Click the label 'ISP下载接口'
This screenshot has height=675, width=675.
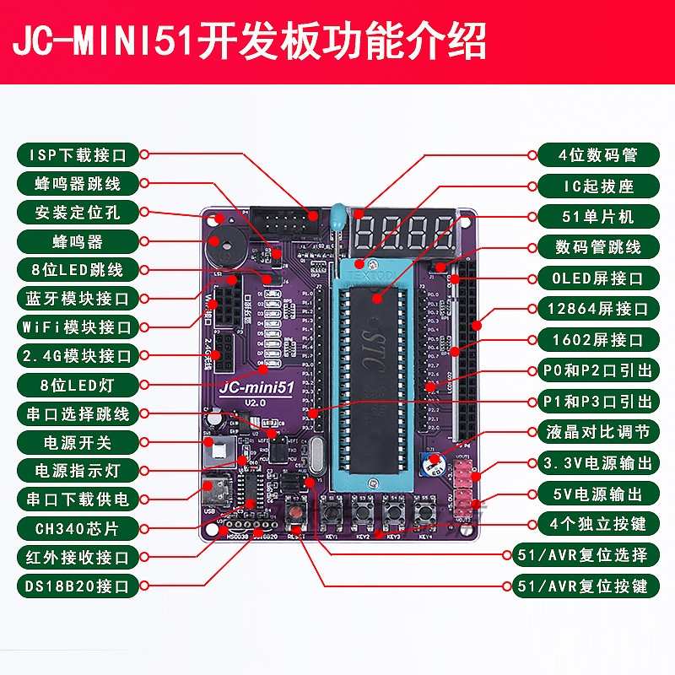pos(77,155)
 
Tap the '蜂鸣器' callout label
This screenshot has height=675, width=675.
pos(77,241)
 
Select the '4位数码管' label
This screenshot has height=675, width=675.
pos(597,155)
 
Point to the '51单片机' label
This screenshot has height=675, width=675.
pos(597,216)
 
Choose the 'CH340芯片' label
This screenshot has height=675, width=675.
pos(77,528)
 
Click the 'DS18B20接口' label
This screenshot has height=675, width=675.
pos(77,586)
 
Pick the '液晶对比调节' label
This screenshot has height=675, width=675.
pos(597,432)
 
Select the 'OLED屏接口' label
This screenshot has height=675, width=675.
pos(597,278)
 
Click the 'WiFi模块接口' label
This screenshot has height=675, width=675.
pos(77,327)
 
